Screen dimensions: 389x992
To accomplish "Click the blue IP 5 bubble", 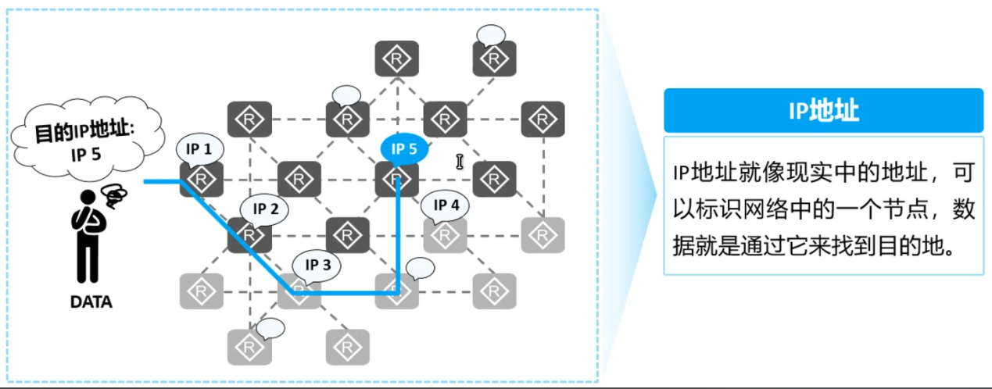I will pos(404,148).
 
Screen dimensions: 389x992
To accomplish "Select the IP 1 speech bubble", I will pos(199,148).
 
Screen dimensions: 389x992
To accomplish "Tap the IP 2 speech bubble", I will pos(265,209).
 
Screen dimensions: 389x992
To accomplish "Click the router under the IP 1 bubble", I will pos(202,180).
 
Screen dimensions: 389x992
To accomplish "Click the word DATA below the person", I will pos(91,302).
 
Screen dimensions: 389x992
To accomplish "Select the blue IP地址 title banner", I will pos(823,110).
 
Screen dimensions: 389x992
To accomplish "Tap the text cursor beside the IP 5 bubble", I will pos(460,162).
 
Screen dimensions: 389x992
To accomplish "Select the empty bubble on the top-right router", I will pos(492,34).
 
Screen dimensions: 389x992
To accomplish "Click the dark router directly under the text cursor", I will pos(494,180).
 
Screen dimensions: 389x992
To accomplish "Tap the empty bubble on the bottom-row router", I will pos(271,328).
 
